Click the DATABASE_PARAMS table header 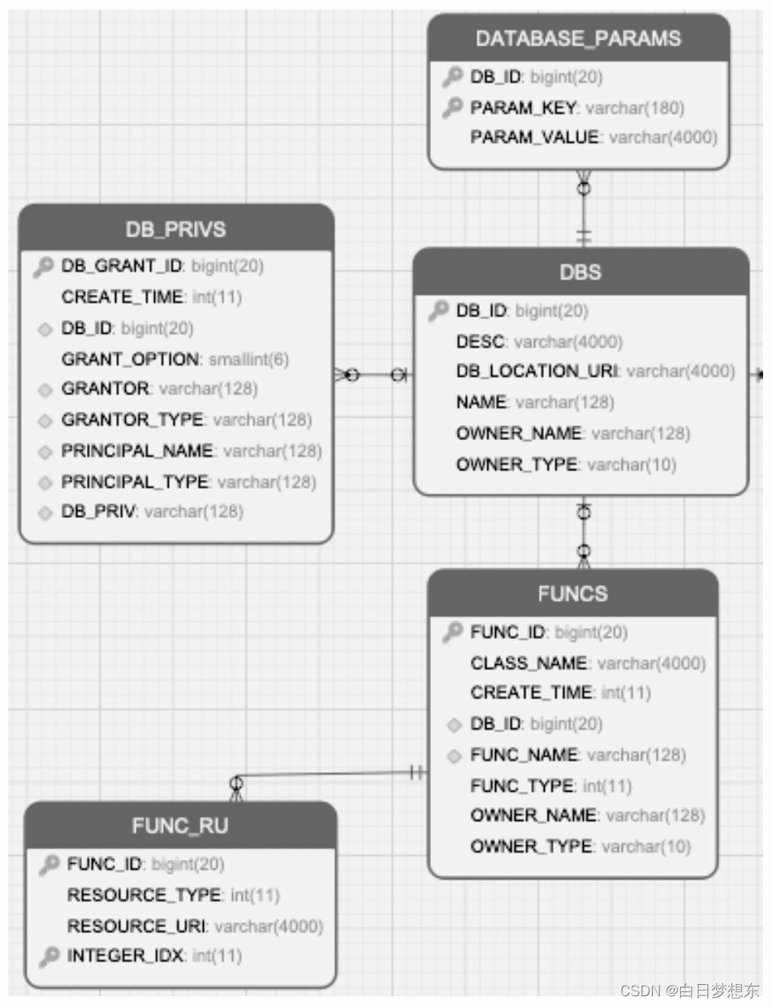click(x=578, y=38)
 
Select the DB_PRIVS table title click(x=175, y=230)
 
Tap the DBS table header click(x=580, y=273)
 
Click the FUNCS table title click(x=572, y=594)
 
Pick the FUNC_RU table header click(x=180, y=827)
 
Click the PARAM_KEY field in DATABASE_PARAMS click(x=523, y=107)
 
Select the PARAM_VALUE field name click(x=534, y=138)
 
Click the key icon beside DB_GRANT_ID click(x=44, y=266)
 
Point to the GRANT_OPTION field click(x=131, y=359)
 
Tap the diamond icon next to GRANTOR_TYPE click(x=45, y=421)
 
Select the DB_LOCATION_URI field click(x=537, y=372)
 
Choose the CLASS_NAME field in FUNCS click(x=528, y=663)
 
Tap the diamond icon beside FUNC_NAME click(x=455, y=756)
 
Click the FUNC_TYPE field click(x=522, y=786)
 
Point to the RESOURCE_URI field click(x=137, y=926)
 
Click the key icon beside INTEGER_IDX click(x=50, y=956)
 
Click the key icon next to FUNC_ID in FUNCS click(x=453, y=633)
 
